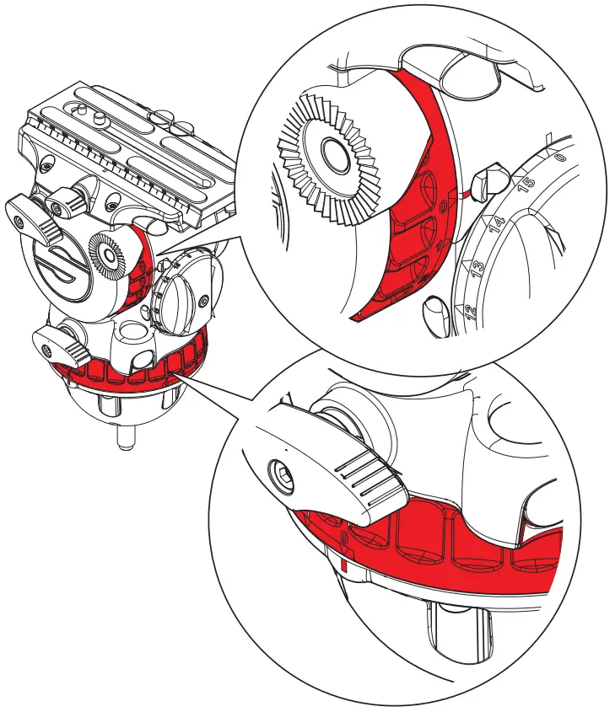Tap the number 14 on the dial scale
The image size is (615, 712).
click(499, 223)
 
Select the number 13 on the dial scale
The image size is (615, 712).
click(478, 269)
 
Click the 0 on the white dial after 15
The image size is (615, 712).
click(559, 158)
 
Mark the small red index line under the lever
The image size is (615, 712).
click(343, 562)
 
